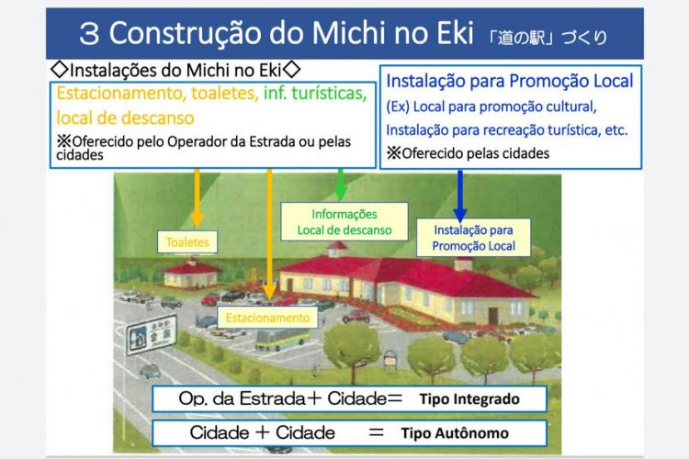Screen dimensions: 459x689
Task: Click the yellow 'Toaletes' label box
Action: tap(186, 242)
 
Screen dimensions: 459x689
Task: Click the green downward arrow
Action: tap(342, 184)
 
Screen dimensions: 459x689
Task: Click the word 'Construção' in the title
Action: tap(197, 34)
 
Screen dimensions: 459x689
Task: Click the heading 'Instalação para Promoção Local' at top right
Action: tap(509, 82)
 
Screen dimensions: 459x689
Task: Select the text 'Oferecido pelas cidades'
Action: tap(475, 153)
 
